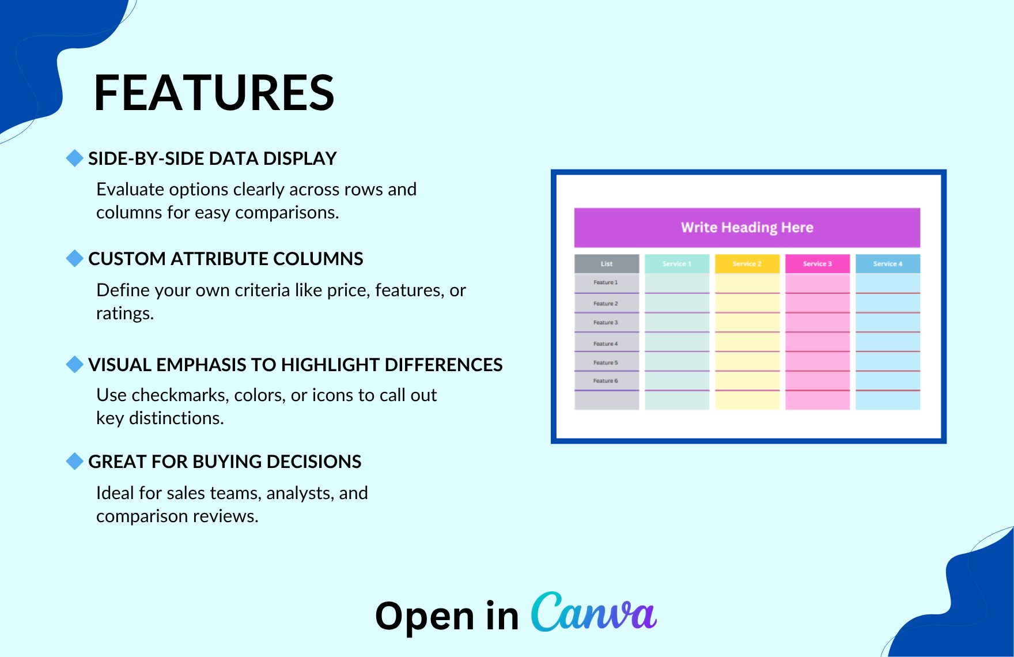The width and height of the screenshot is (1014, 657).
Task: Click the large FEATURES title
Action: click(214, 93)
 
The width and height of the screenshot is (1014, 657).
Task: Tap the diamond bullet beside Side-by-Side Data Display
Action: click(75, 158)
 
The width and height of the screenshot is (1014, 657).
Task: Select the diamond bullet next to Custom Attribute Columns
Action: click(75, 258)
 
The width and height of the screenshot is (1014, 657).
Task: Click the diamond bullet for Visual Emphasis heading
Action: click(75, 364)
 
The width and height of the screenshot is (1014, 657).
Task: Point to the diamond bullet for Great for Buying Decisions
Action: click(75, 461)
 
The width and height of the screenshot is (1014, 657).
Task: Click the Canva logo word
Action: click(593, 612)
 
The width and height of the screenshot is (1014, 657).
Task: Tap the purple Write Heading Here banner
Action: click(747, 228)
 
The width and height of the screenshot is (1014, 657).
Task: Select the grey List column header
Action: click(607, 264)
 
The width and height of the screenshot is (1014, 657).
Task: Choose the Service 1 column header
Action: click(677, 264)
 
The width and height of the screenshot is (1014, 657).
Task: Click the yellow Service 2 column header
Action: click(747, 264)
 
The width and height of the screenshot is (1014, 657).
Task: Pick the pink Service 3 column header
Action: click(818, 264)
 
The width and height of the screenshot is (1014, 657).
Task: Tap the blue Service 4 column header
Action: click(888, 264)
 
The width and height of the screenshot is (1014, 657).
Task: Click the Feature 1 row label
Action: click(606, 282)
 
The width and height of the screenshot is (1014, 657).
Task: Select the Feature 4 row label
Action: click(606, 344)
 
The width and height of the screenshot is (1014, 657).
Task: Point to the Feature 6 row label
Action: click(606, 381)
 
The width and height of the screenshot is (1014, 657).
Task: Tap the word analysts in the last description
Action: click(300, 494)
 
